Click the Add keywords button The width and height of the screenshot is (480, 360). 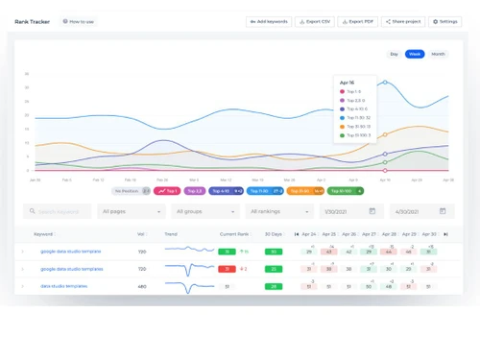point(269,21)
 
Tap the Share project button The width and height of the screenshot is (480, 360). point(402,21)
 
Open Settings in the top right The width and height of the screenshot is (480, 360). point(444,21)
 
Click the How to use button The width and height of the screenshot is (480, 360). point(79,21)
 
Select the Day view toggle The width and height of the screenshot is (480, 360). point(394,54)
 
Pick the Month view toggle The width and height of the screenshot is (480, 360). point(438,54)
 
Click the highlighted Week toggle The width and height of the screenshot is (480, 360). point(415,54)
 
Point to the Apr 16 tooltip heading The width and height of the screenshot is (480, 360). point(348,83)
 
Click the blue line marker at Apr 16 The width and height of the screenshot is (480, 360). point(385,83)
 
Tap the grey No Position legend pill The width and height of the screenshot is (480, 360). point(128,191)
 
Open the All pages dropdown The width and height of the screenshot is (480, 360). point(130,211)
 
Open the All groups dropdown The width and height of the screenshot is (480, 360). point(204,211)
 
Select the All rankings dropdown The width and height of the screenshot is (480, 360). point(278,211)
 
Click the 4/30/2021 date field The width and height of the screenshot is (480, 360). point(420,211)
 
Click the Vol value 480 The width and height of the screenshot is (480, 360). point(142,286)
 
